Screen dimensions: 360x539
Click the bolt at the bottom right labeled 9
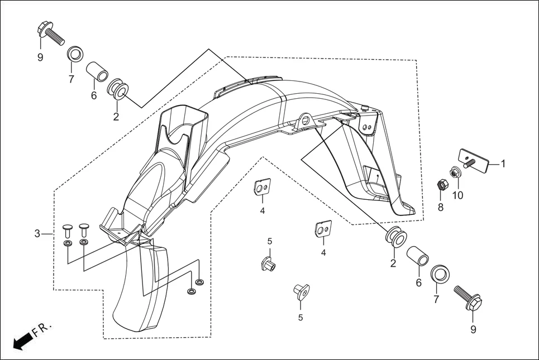click(x=468, y=298)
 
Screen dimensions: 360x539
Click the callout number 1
click(x=503, y=164)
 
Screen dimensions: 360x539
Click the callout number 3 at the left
click(x=37, y=233)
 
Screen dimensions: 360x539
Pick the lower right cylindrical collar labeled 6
click(x=418, y=258)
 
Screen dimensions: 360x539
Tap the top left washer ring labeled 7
click(x=75, y=55)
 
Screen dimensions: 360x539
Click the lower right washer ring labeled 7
click(x=441, y=275)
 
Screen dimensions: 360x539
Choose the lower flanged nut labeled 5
click(x=301, y=291)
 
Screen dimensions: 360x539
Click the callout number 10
click(x=457, y=195)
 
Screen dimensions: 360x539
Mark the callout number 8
click(x=440, y=208)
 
